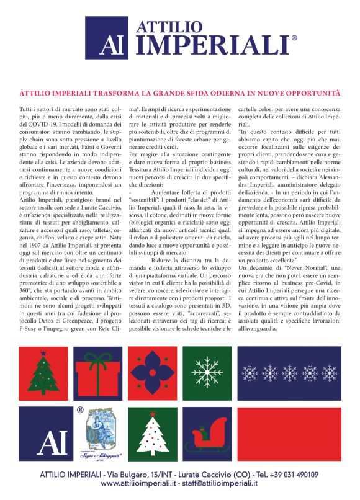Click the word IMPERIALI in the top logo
(x=212, y=46)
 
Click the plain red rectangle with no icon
(x=289, y=433)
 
